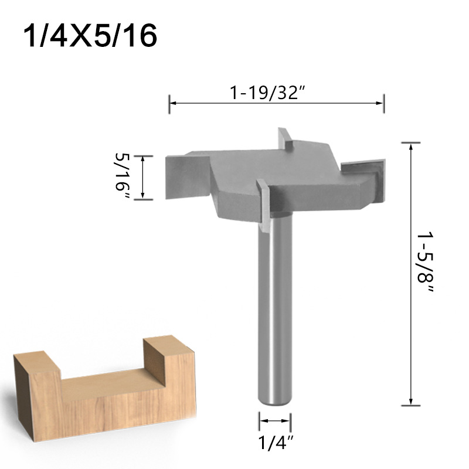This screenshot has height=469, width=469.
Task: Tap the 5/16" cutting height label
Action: click(124, 175)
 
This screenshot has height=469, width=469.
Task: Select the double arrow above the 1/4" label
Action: click(274, 420)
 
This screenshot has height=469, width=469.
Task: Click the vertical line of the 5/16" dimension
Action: click(142, 178)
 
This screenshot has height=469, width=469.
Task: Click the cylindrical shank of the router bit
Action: click(274, 305)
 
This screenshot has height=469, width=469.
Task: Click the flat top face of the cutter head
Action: click(276, 170)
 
